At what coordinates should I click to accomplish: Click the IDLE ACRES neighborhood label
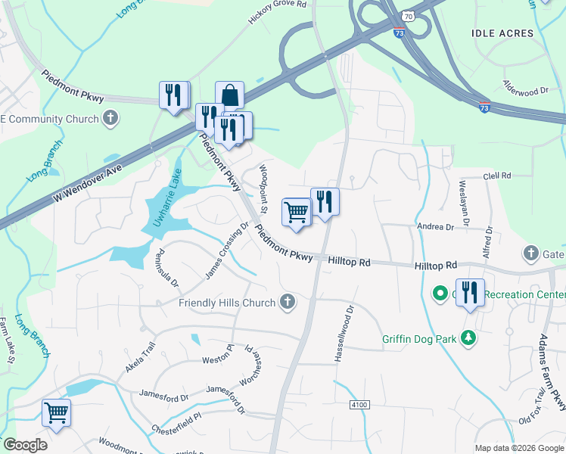click(502, 33)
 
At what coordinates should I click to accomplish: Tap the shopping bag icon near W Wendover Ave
click(229, 96)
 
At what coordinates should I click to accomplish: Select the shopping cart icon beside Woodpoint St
click(297, 212)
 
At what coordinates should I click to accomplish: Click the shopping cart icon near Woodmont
click(56, 413)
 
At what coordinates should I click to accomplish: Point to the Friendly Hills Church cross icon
click(287, 303)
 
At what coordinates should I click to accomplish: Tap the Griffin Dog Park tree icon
click(469, 338)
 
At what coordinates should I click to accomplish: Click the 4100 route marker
click(359, 406)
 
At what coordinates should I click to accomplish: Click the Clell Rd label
click(496, 176)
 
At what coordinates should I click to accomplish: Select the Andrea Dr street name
click(435, 226)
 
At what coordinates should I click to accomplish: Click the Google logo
click(25, 445)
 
